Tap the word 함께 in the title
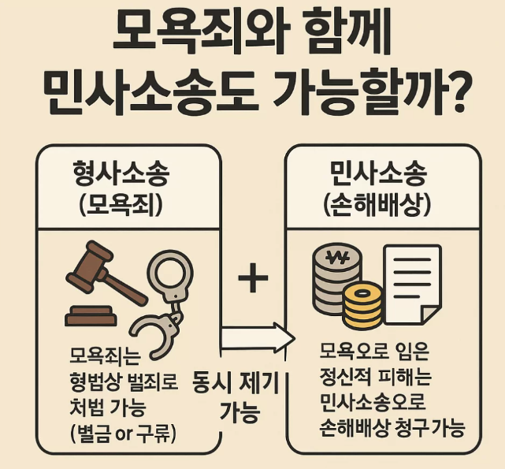345,33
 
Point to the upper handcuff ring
169,276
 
